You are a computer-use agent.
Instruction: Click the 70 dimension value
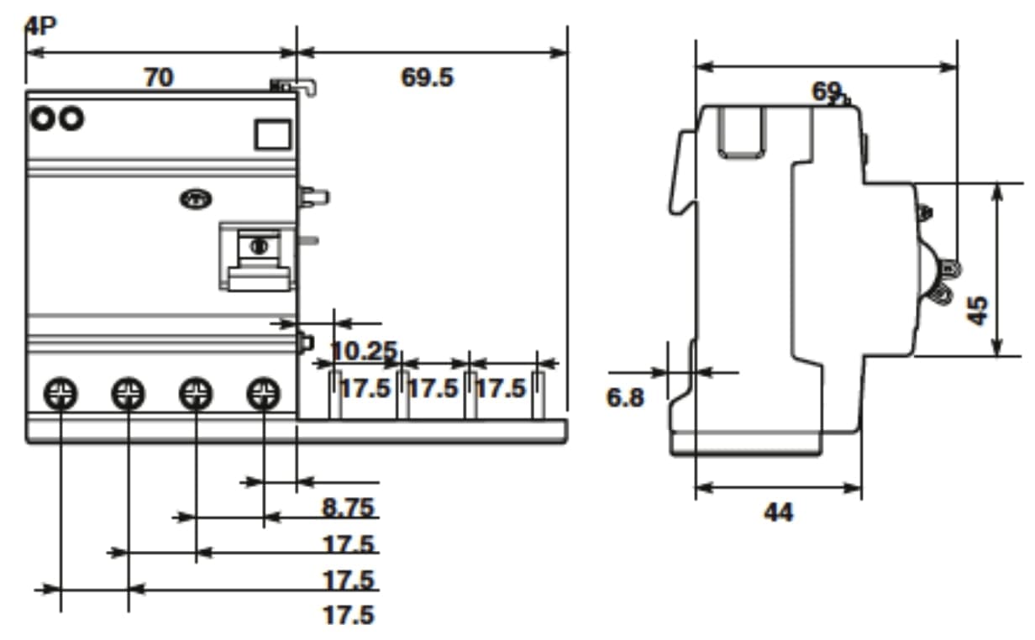[158, 77]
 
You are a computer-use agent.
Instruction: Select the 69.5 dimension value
[427, 77]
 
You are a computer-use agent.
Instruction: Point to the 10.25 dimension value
[362, 350]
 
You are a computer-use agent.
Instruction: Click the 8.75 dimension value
[348, 507]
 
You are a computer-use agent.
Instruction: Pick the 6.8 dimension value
[625, 397]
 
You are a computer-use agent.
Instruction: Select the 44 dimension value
[778, 511]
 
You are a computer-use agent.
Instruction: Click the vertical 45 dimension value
[977, 310]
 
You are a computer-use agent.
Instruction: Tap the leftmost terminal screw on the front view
[60, 392]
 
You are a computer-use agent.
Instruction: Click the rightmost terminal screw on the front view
[263, 392]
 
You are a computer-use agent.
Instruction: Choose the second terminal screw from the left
[128, 392]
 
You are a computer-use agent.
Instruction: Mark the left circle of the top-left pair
[41, 118]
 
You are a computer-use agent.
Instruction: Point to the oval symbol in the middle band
[195, 200]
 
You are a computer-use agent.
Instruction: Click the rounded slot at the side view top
[741, 132]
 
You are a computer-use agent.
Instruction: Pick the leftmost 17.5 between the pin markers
[365, 388]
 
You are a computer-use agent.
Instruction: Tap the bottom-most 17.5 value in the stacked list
[348, 615]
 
